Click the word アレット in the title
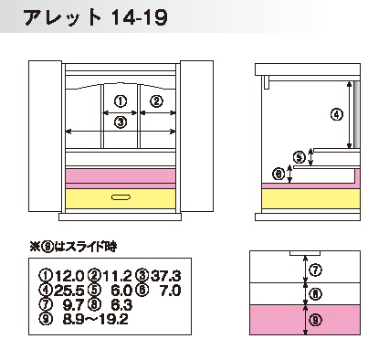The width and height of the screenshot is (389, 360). click(x=62, y=17)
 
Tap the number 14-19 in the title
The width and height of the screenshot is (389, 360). click(x=140, y=17)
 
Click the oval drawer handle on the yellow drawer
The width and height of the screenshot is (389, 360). click(x=121, y=197)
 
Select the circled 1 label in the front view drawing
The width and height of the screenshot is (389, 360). click(x=121, y=101)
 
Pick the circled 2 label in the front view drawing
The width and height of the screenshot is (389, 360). click(x=157, y=101)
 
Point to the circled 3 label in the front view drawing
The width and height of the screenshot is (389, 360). click(x=121, y=122)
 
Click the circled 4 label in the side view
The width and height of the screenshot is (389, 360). click(x=337, y=114)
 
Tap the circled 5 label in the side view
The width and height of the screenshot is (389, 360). click(x=300, y=158)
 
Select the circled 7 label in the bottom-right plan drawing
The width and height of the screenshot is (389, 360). click(x=316, y=270)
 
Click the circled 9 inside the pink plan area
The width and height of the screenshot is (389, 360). click(x=316, y=320)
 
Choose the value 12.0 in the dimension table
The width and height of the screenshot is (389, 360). click(x=69, y=276)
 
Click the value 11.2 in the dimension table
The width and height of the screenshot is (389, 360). click(x=118, y=276)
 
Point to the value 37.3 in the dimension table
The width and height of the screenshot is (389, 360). click(x=166, y=276)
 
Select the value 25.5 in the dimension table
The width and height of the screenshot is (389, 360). click(x=69, y=291)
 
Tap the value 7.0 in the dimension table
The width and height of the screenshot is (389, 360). click(x=171, y=291)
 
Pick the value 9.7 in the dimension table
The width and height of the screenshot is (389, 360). click(x=74, y=304)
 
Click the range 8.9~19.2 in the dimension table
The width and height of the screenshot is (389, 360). click(x=96, y=319)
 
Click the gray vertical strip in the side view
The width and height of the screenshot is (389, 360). click(x=357, y=115)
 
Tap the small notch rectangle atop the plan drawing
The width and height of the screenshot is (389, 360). click(x=305, y=253)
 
